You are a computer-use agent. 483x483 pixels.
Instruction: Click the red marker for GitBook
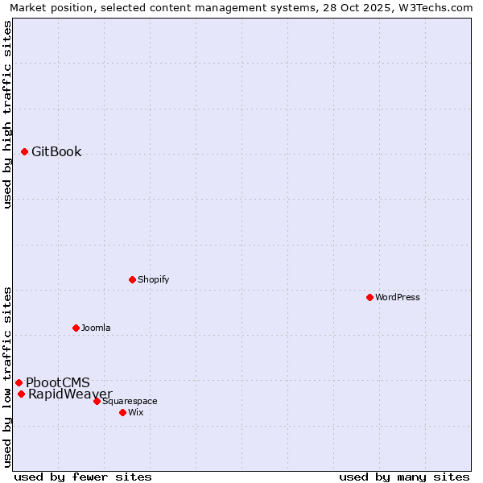point(24,151)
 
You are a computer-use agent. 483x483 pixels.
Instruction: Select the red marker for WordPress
point(369,297)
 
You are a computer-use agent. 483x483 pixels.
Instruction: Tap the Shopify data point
point(132,279)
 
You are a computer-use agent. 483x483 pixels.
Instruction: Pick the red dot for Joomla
point(76,328)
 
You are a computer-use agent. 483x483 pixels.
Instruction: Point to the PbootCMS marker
point(19,382)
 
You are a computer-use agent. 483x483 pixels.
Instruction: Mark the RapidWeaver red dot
point(21,394)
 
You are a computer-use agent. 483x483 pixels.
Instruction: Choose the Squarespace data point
point(97,401)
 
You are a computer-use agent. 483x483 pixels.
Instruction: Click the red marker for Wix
point(122,412)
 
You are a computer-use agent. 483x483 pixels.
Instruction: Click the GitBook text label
point(56,151)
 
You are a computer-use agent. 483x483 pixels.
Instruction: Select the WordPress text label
point(398,297)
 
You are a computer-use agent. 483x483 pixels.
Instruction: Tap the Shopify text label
point(153,279)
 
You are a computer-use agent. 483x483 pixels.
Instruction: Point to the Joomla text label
point(96,328)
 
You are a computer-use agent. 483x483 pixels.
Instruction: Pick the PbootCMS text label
point(58,382)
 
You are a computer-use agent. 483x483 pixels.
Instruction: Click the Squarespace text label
point(130,401)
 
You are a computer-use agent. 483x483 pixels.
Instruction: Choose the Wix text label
point(135,412)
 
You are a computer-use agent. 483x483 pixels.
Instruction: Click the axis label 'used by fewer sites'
point(83,477)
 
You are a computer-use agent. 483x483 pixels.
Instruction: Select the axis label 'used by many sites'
point(404,477)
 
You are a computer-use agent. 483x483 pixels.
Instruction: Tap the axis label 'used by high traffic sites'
point(7,114)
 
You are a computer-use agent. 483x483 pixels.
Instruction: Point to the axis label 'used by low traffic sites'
point(7,376)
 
